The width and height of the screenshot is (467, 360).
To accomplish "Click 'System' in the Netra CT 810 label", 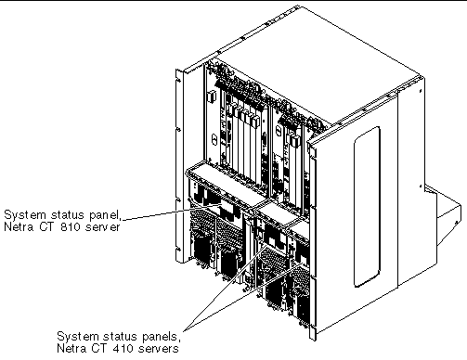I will pyautogui.click(x=24, y=212).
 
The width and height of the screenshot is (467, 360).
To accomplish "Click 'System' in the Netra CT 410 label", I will pyautogui.click(x=77, y=335).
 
